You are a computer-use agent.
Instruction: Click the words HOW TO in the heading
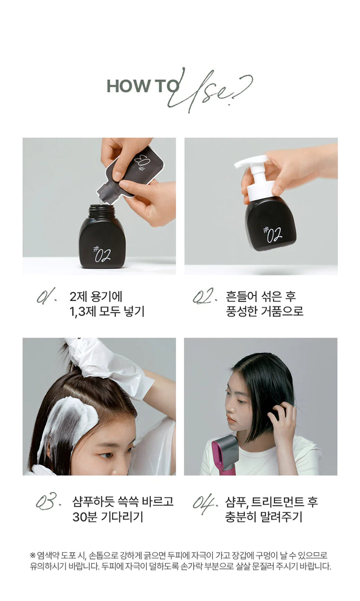[x=143, y=86]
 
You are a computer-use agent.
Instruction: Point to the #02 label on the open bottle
[x=102, y=254]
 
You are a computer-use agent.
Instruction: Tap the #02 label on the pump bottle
[x=272, y=234]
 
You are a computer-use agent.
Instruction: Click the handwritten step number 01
[x=47, y=295]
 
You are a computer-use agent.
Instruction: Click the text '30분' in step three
[x=85, y=516]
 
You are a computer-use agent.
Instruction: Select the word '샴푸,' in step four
[x=237, y=501]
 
